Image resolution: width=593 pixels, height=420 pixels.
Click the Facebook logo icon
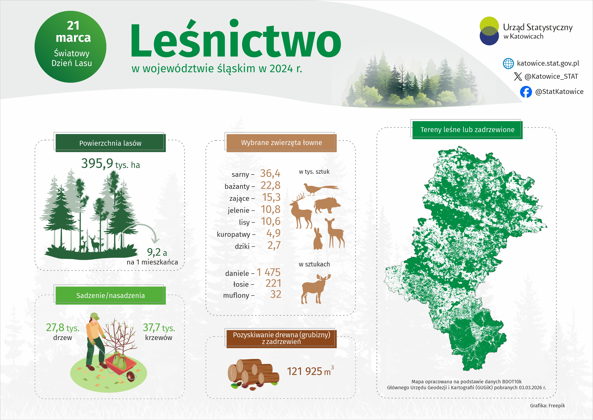526,92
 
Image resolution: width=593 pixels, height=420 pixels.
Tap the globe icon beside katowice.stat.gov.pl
508,63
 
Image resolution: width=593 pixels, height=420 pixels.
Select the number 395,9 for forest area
97,163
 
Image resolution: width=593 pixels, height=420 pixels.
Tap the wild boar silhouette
327,205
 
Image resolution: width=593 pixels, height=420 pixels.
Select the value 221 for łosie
273,283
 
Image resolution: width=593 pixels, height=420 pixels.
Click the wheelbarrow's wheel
131,376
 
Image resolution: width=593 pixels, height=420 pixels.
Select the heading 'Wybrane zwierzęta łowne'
281,142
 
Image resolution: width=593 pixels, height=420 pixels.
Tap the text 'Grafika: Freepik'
547,405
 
